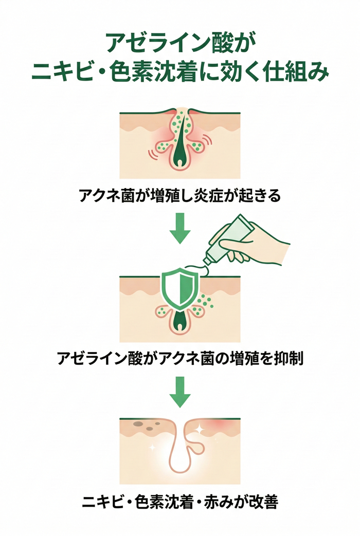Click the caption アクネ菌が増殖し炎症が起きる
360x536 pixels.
click(x=180, y=196)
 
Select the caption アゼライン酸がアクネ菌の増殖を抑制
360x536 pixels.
click(x=180, y=358)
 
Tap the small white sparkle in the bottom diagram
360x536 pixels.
click(x=152, y=448)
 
